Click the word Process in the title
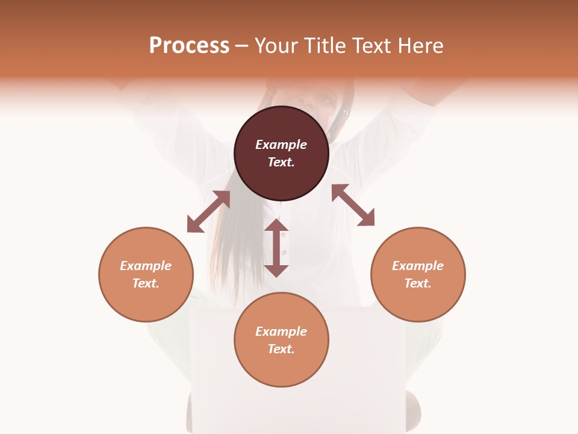pyautogui.click(x=189, y=46)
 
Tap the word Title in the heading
pyautogui.click(x=326, y=46)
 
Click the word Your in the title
pyautogui.click(x=278, y=46)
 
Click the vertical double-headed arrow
pyautogui.click(x=276, y=248)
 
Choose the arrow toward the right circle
pyautogui.click(x=353, y=205)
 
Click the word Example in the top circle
pyautogui.click(x=281, y=145)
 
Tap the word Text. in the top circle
pyautogui.click(x=281, y=162)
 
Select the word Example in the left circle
pyautogui.click(x=146, y=266)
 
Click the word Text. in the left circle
pyautogui.click(x=146, y=283)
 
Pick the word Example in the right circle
pyautogui.click(x=418, y=266)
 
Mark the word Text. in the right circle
pyautogui.click(x=418, y=283)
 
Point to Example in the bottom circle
pyautogui.click(x=281, y=332)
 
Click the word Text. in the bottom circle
pyautogui.click(x=281, y=349)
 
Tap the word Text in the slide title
pyautogui.click(x=371, y=46)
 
